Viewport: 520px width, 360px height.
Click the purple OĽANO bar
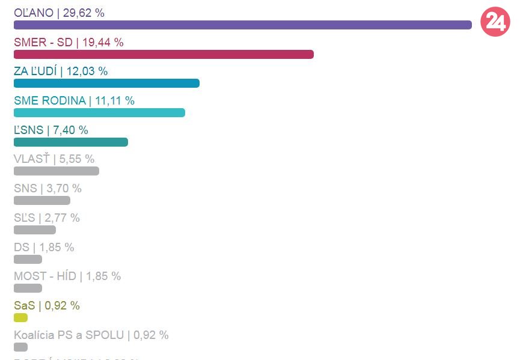[242, 25]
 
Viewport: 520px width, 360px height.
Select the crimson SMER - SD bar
[164, 54]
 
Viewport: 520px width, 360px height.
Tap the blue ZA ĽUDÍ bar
[106, 84]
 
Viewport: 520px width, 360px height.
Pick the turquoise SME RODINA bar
[99, 112]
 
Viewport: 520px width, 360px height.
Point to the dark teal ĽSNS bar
[71, 142]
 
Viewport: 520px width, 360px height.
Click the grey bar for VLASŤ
[57, 171]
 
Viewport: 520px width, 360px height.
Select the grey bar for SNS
[42, 200]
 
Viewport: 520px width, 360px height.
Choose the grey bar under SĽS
[35, 230]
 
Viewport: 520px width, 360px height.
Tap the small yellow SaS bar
[20, 317]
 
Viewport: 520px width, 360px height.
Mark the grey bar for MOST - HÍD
[28, 288]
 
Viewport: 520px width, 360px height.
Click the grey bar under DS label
[28, 259]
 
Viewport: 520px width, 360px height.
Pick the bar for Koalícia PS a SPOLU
[20, 347]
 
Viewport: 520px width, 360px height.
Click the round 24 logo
[495, 22]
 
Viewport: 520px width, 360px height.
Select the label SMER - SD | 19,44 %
[69, 42]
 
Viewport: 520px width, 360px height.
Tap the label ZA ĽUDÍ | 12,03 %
[61, 71]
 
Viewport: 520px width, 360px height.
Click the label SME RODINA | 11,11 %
[74, 100]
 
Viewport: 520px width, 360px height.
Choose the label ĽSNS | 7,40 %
[51, 130]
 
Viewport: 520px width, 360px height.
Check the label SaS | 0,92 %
[47, 305]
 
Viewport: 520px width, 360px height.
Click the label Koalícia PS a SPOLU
[91, 335]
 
